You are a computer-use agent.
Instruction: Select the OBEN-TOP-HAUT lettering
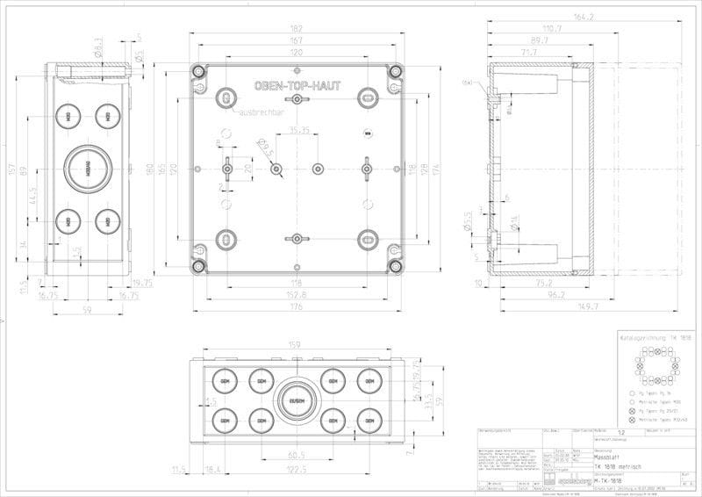tap(299, 87)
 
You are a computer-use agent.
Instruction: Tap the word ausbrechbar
tap(261, 113)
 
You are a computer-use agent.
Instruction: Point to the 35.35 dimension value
tap(299, 131)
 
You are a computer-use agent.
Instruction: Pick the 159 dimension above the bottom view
tap(296, 345)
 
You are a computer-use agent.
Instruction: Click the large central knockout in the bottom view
tap(296, 401)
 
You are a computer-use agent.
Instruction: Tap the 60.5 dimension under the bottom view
tap(296, 455)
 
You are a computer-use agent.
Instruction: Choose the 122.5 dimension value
tap(296, 470)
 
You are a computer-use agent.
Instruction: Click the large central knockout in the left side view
tap(87, 166)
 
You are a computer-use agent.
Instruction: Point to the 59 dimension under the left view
tap(87, 309)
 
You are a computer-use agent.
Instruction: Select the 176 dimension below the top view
tap(299, 307)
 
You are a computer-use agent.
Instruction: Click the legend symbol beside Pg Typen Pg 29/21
tap(631, 411)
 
